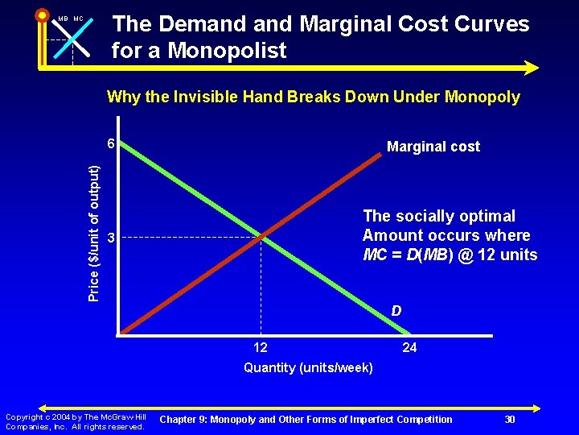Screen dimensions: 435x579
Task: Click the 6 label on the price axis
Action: click(112, 144)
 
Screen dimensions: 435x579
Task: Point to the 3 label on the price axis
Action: click(112, 238)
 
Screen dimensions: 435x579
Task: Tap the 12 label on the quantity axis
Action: click(261, 348)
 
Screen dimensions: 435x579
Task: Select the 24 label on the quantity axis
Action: click(409, 348)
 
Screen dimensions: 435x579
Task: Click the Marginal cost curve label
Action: click(433, 147)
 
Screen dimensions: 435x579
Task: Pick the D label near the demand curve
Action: click(396, 311)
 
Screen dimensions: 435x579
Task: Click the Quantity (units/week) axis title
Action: click(308, 368)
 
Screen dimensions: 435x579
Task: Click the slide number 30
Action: click(509, 419)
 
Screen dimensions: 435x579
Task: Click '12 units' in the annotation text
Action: click(511, 255)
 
